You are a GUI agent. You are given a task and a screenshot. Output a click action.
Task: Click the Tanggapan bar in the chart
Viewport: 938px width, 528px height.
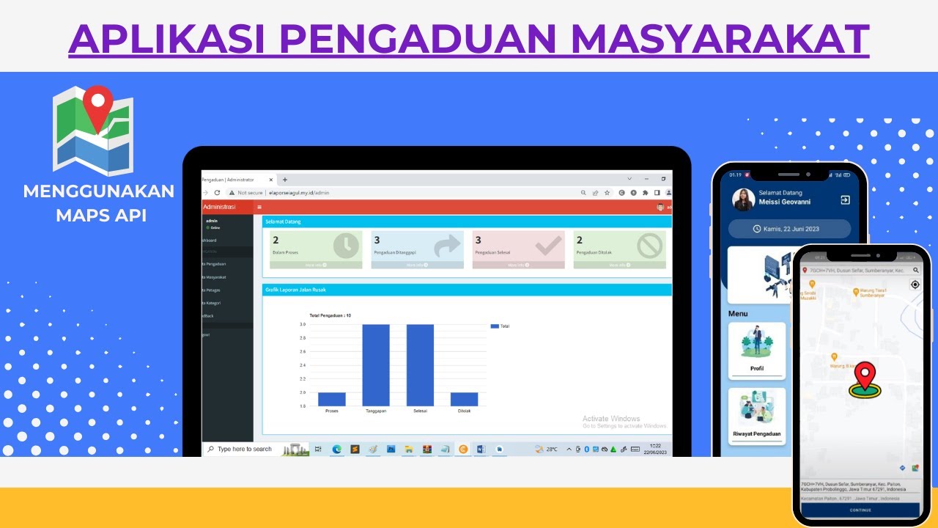click(x=376, y=365)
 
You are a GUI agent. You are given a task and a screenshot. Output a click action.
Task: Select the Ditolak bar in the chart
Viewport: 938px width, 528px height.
click(x=464, y=399)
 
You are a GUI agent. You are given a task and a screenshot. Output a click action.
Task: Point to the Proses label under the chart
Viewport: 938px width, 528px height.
click(x=331, y=411)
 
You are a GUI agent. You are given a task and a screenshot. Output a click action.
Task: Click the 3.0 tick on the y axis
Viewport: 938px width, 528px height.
click(x=303, y=324)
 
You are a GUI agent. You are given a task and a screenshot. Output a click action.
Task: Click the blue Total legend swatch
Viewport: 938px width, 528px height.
click(x=494, y=326)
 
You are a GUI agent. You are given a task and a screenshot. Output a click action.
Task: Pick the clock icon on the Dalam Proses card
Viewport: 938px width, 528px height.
click(x=346, y=246)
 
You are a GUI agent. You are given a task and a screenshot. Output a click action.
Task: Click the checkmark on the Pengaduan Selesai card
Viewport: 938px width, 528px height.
click(x=548, y=246)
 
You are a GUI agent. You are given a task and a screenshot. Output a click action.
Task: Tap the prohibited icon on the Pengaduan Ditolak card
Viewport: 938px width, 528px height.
click(x=649, y=246)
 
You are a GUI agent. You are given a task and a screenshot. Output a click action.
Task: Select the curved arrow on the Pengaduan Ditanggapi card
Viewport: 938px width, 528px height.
click(x=447, y=246)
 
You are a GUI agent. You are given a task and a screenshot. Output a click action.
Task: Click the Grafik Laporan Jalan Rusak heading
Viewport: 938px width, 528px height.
click(x=290, y=290)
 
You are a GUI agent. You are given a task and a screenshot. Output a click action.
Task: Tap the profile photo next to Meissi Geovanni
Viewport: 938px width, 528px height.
click(x=743, y=200)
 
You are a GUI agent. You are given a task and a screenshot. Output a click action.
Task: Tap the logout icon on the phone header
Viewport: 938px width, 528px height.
click(x=845, y=200)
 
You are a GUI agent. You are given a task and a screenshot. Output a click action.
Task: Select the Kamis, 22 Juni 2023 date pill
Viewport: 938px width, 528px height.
click(x=790, y=229)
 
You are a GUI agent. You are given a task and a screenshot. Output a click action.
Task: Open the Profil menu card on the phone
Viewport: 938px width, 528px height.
click(x=757, y=350)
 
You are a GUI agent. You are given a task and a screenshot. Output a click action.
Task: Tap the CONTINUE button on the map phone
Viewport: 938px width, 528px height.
click(x=860, y=510)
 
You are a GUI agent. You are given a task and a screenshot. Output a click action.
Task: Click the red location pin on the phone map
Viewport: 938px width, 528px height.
click(x=865, y=377)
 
